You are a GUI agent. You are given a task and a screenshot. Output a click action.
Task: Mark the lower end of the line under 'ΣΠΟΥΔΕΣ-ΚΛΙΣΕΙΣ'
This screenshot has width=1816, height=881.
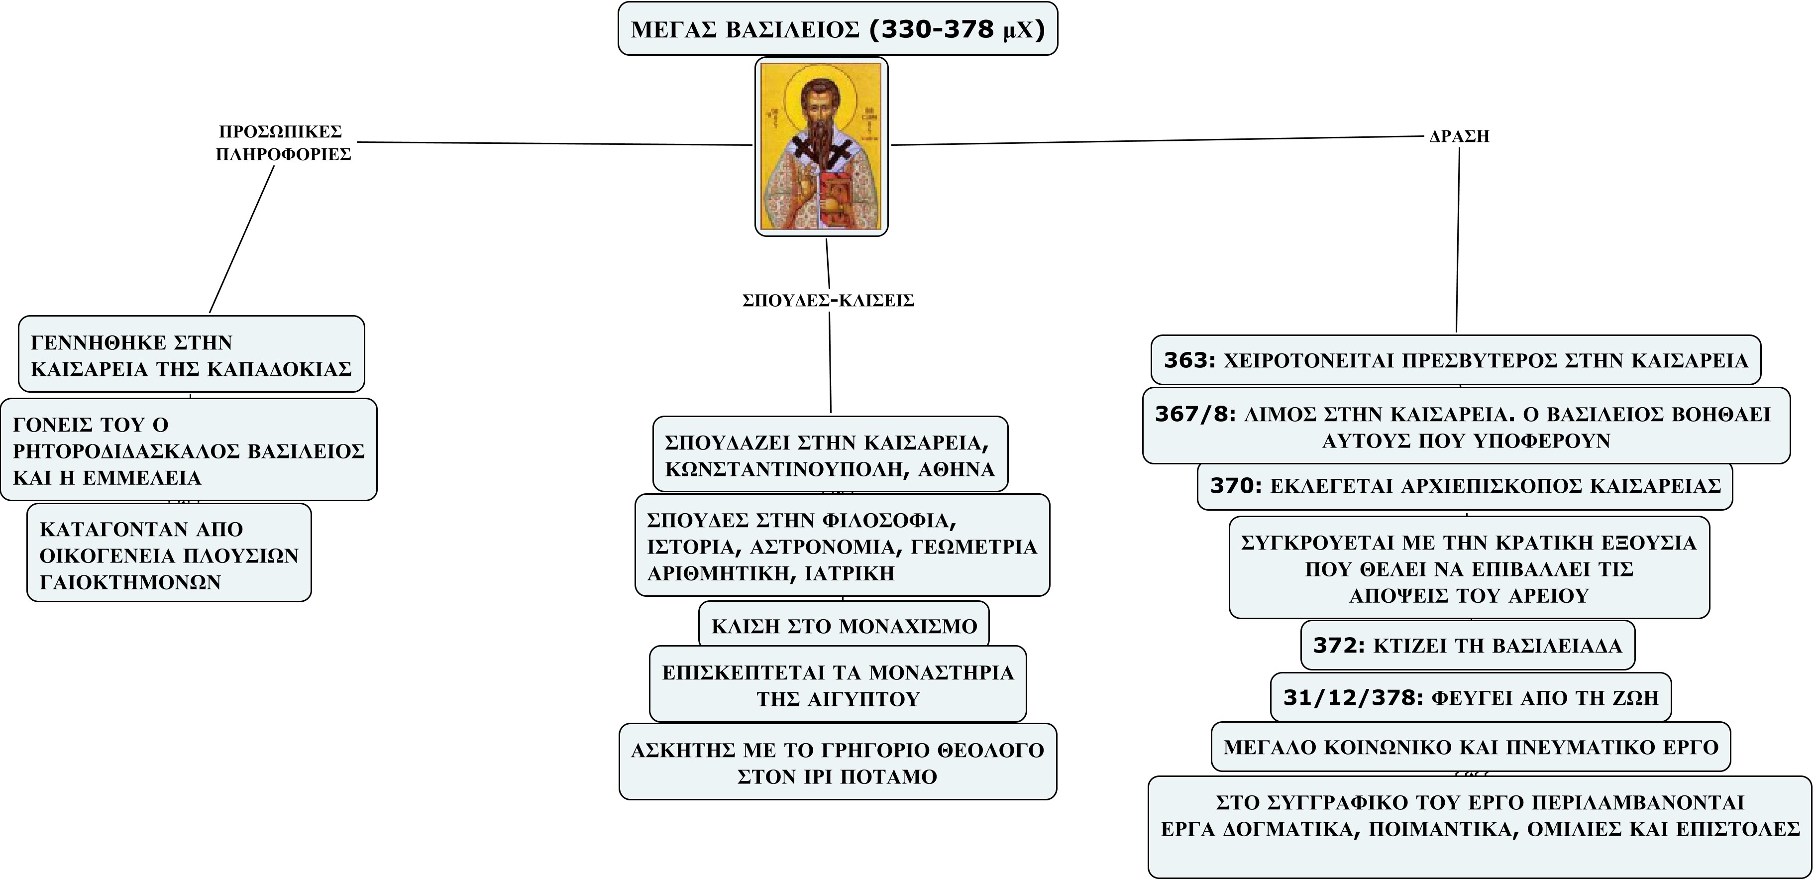pyautogui.click(x=831, y=412)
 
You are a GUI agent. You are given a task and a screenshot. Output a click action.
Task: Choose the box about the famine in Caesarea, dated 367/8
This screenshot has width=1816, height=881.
pyautogui.click(x=1466, y=426)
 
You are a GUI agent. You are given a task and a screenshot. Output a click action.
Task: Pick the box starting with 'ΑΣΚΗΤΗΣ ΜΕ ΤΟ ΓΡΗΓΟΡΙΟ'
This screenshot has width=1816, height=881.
pyautogui.click(x=838, y=761)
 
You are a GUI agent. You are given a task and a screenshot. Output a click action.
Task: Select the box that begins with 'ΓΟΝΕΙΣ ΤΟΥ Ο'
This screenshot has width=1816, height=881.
pyautogui.click(x=189, y=449)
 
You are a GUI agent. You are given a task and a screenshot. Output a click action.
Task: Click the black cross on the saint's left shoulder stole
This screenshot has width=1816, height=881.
pyautogui.click(x=802, y=148)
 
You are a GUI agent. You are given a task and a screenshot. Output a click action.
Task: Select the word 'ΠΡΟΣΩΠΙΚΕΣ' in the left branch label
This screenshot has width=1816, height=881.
pyautogui.click(x=281, y=132)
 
